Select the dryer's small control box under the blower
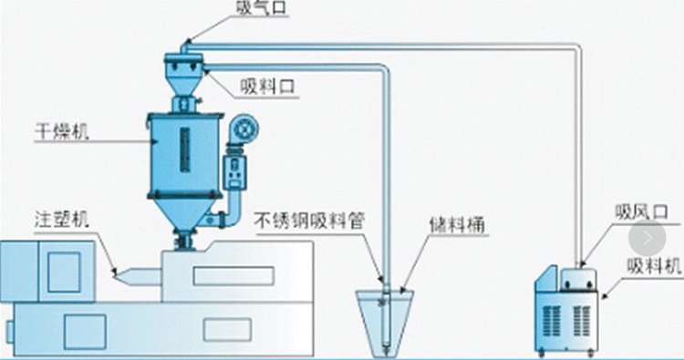coord(240,169)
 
